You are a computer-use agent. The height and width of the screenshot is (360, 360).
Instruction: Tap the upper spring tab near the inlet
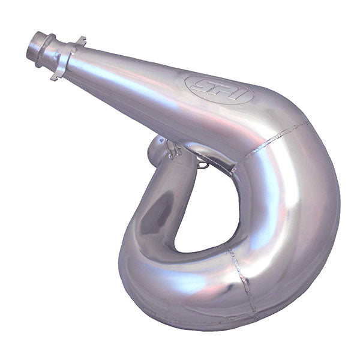point(80,41)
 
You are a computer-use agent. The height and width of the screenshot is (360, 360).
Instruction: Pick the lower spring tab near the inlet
point(55,76)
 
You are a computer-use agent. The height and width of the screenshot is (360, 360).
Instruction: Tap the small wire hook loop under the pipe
point(204,163)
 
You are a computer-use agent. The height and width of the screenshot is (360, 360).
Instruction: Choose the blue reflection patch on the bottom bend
point(180,282)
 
